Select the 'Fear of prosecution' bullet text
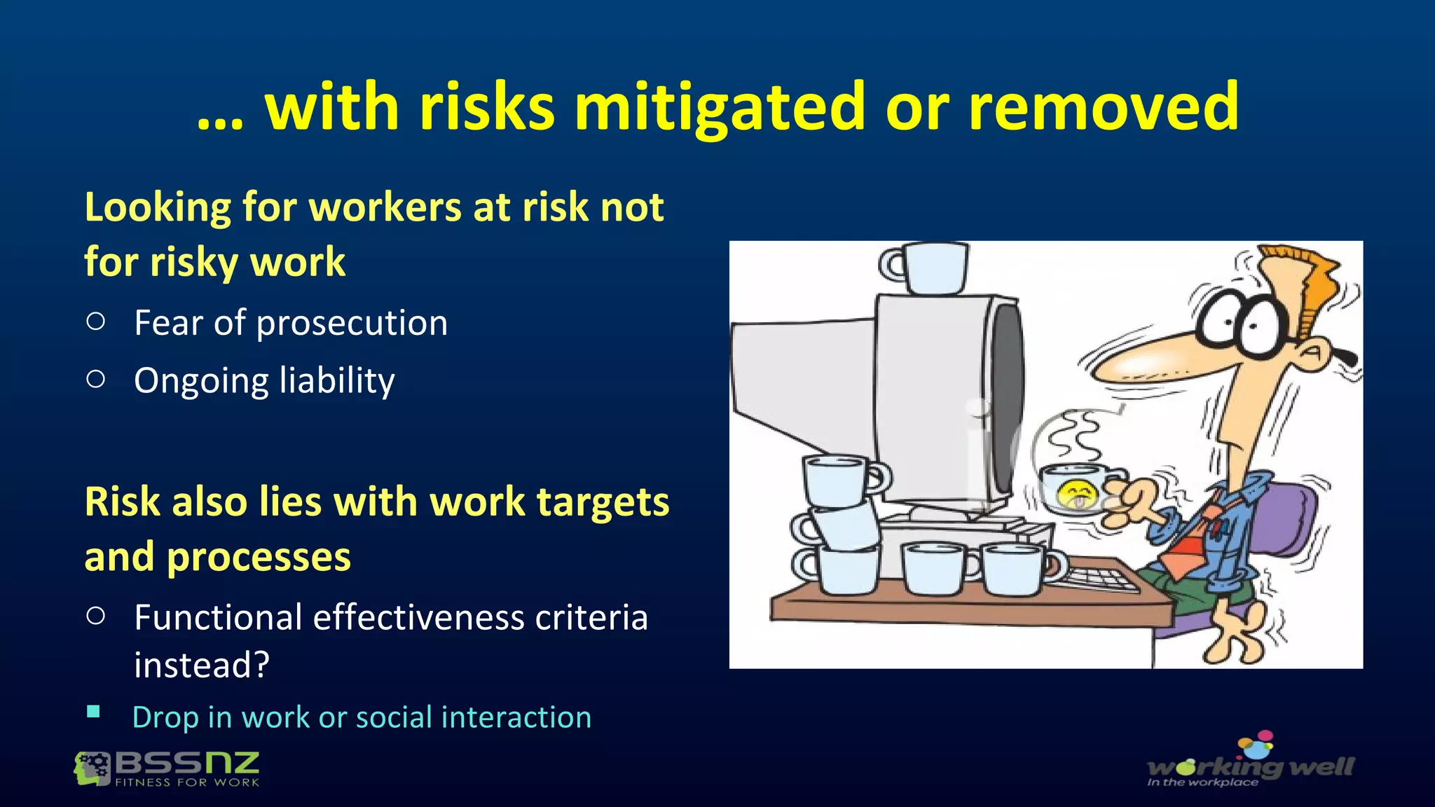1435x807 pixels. coord(291,323)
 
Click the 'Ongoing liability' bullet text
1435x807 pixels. coord(264,380)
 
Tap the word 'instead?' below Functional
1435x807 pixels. coord(202,665)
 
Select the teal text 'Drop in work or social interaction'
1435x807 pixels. coord(362,717)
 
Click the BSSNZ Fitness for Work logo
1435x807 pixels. coord(167,768)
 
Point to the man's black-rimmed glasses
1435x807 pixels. coord(1244,322)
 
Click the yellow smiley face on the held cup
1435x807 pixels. coord(1076,493)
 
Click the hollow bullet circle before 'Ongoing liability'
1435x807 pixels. coord(96,379)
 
